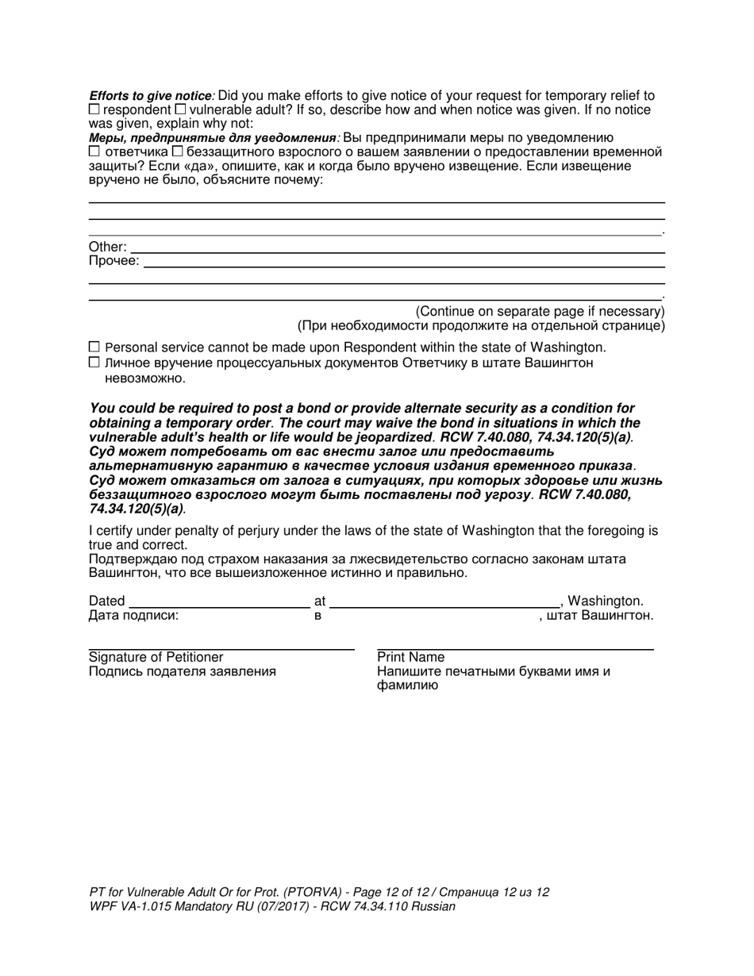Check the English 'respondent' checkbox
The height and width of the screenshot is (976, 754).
click(94, 109)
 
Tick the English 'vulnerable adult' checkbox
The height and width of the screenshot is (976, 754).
click(180, 109)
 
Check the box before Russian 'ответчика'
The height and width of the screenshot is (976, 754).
click(94, 151)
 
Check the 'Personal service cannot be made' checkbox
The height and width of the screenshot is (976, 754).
click(94, 347)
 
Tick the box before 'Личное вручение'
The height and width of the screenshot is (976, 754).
click(94, 362)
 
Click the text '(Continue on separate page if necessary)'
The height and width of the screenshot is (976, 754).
click(540, 311)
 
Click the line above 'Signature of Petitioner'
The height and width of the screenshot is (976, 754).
click(221, 650)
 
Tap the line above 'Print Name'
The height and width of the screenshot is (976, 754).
click(515, 650)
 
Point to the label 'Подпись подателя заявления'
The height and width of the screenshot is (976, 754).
click(183, 671)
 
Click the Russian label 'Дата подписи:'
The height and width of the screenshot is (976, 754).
click(133, 615)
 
